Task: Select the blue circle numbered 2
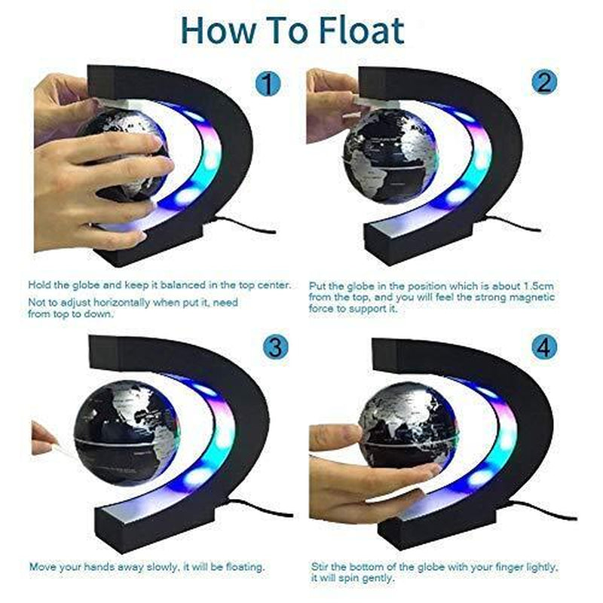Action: pos(544,83)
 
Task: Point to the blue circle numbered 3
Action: pos(276,347)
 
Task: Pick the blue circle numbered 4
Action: pos(543,347)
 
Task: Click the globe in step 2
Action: pos(387,155)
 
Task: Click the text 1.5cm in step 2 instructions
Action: pos(539,286)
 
